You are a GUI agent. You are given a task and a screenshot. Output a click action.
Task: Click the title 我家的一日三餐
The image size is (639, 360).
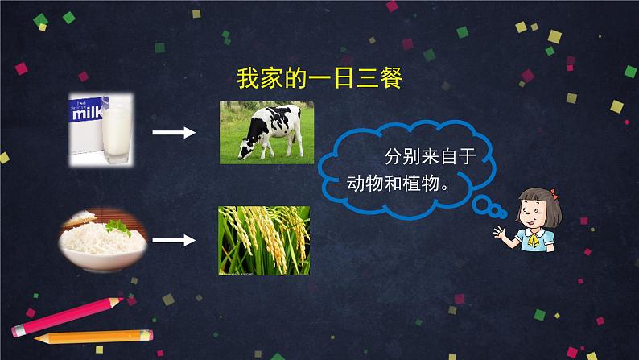coord(319,79)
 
